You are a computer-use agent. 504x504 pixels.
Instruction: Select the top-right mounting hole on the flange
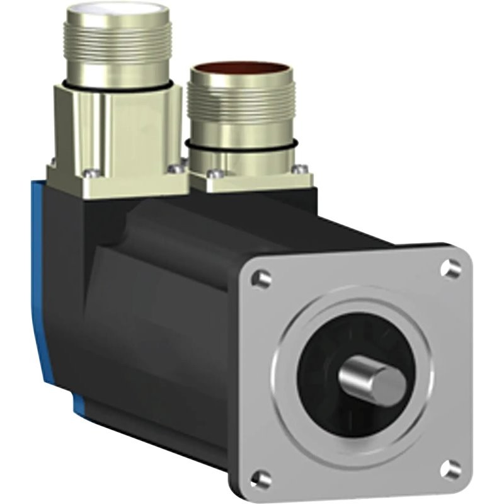click(x=451, y=267)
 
